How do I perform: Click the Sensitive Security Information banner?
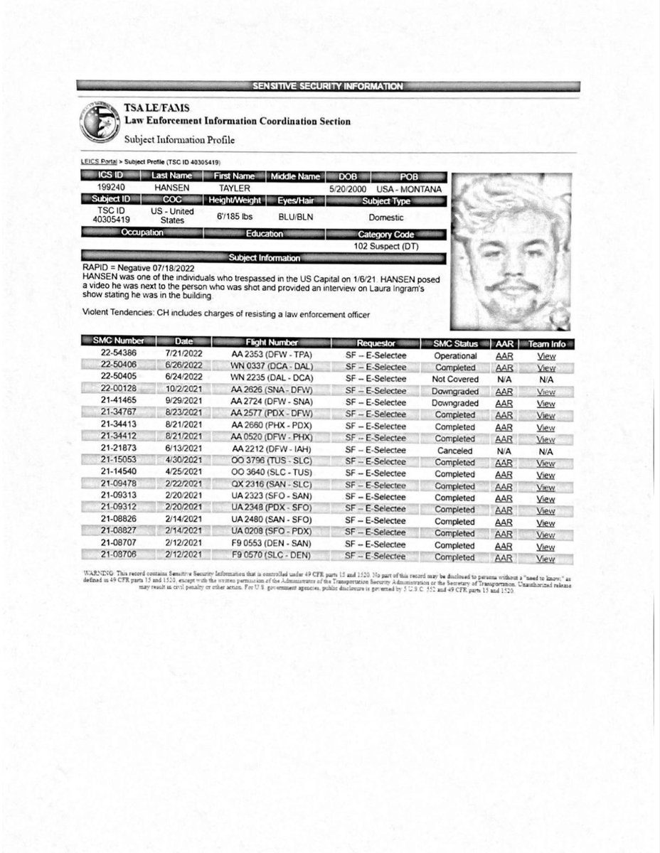[329, 86]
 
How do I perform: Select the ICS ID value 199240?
[107, 188]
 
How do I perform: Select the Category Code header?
[386, 233]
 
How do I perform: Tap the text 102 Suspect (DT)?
[385, 245]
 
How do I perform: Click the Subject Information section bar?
[265, 257]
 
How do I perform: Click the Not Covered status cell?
[455, 380]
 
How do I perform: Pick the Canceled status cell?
[455, 451]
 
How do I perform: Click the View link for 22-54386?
[545, 355]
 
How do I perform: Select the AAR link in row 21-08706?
[504, 558]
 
